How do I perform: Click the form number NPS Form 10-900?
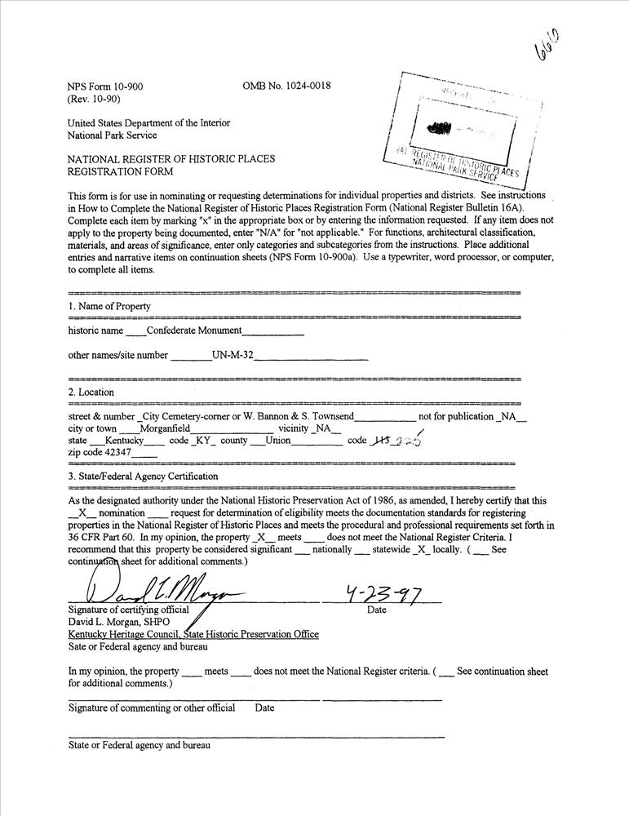coord(106,86)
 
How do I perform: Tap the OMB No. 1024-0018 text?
coord(286,86)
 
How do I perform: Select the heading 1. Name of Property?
coord(109,306)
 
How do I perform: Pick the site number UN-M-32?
coord(232,355)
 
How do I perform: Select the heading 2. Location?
coord(91,392)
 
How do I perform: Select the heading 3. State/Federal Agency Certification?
coord(143,476)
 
